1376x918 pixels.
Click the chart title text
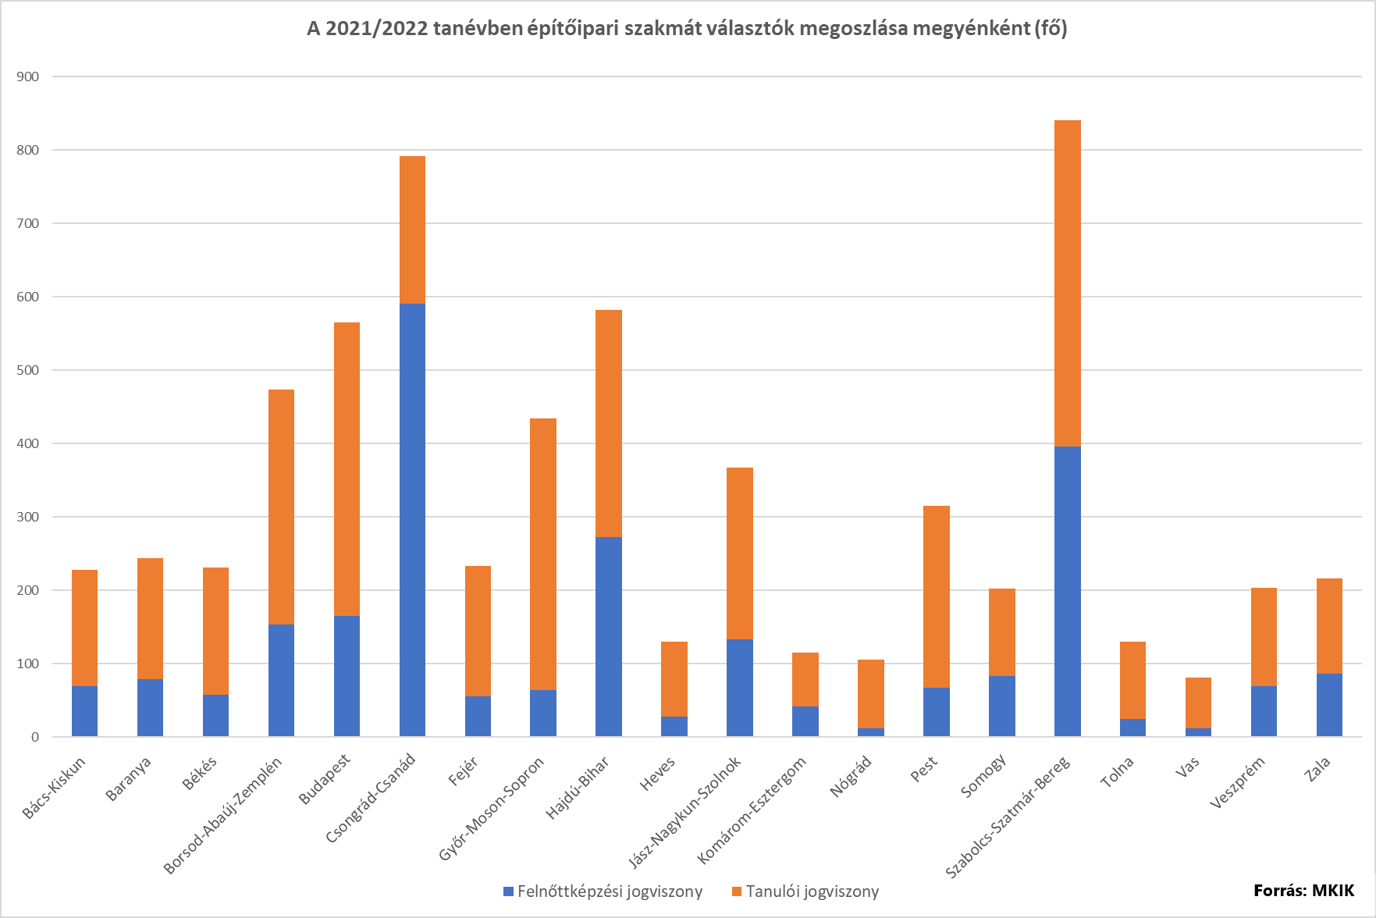(687, 29)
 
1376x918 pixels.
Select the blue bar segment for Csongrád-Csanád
(412, 519)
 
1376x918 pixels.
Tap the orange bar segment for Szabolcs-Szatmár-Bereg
(1067, 283)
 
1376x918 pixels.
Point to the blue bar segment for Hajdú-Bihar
(609, 636)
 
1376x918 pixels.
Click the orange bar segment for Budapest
(347, 468)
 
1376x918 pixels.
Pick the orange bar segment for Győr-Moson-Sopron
(543, 553)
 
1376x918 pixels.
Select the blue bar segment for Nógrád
(871, 732)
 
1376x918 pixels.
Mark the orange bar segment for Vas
(1198, 703)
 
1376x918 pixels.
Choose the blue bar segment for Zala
(1329, 705)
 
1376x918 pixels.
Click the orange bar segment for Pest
(936, 596)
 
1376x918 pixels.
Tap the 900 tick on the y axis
(27, 76)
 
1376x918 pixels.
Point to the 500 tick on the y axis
(27, 370)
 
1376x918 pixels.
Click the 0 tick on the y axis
(34, 737)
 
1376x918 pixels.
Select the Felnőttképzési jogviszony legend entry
(603, 891)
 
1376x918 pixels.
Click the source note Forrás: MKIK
(1303, 891)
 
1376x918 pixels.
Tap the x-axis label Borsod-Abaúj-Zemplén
(222, 815)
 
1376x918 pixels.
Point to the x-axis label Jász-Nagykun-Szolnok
(684, 812)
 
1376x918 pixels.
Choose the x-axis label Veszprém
(1237, 783)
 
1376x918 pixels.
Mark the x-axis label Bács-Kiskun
(54, 787)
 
